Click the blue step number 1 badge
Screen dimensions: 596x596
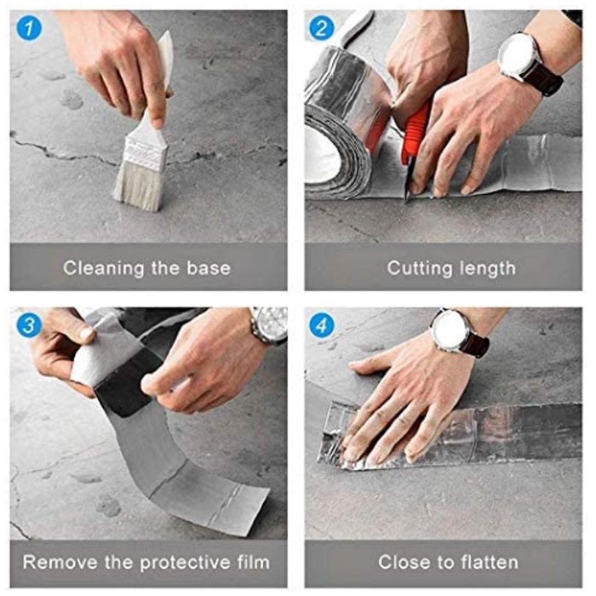point(29,28)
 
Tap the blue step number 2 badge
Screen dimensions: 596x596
point(322,28)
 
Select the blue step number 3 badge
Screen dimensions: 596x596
point(29,325)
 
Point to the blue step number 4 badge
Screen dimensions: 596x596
point(322,325)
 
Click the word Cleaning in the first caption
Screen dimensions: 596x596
point(104,268)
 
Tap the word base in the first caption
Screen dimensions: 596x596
point(209,268)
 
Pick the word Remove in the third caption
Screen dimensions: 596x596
point(60,562)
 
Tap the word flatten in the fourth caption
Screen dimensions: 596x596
point(490,562)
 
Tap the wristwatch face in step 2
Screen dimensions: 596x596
point(517,54)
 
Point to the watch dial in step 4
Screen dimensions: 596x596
point(450,330)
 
